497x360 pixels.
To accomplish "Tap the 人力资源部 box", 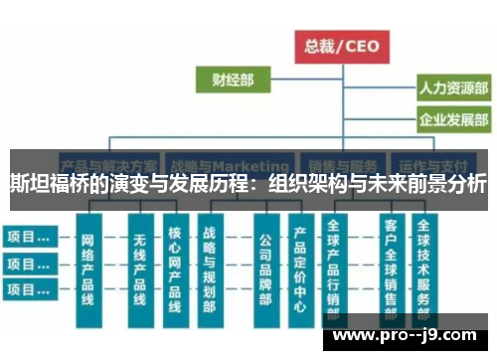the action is [x=452, y=89].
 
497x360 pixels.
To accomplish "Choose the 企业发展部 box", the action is [x=452, y=120].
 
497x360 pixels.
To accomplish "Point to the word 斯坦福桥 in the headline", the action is [x=45, y=184].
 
